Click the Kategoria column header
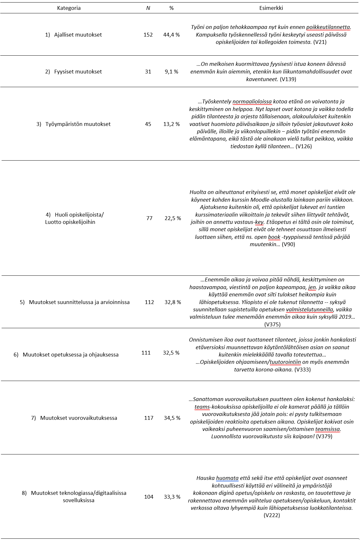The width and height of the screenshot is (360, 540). pyautogui.click(x=69, y=8)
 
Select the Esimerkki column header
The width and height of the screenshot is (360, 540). pyautogui.click(x=271, y=8)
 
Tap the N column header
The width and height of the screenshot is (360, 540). pyautogui.click(x=148, y=8)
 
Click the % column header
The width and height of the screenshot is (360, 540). pyautogui.click(x=172, y=8)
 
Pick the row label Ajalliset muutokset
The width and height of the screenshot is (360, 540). pyautogui.click(x=78, y=35)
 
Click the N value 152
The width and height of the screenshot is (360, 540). pyautogui.click(x=148, y=35)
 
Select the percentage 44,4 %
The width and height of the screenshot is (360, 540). pyautogui.click(x=172, y=35)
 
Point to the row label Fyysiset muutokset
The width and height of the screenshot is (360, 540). pyautogui.click(x=78, y=72)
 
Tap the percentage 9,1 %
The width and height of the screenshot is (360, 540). pyautogui.click(x=172, y=72)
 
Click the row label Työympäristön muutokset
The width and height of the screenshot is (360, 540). pyautogui.click(x=78, y=124)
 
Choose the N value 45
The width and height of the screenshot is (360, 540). pyautogui.click(x=148, y=124)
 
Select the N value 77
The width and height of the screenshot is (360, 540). pyautogui.click(x=149, y=218)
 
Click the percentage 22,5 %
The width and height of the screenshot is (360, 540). pyautogui.click(x=173, y=218)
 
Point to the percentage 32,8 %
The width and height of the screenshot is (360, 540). pyautogui.click(x=173, y=302)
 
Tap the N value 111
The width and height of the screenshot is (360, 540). pyautogui.click(x=146, y=352)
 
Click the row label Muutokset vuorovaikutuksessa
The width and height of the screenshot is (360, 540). pyautogui.click(x=78, y=418)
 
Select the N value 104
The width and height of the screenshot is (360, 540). pyautogui.click(x=149, y=497)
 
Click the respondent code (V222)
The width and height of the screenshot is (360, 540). pyautogui.click(x=272, y=515)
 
